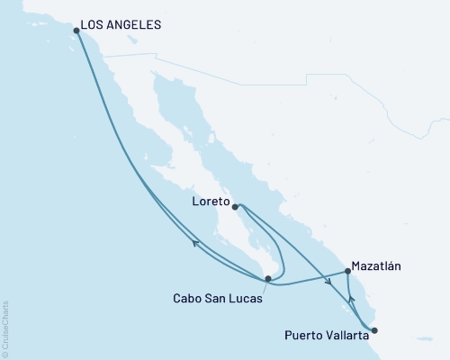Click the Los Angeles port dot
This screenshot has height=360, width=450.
[76, 31]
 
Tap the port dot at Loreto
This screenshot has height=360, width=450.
[235, 207]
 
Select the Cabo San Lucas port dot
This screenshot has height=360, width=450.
[266, 279]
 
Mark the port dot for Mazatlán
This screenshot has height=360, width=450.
[347, 271]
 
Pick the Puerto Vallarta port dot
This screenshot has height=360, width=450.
[374, 329]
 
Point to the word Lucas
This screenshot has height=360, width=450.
[249, 300]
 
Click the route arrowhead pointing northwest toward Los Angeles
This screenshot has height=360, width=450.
[195, 238]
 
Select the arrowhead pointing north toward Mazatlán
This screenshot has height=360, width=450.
[352, 301]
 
